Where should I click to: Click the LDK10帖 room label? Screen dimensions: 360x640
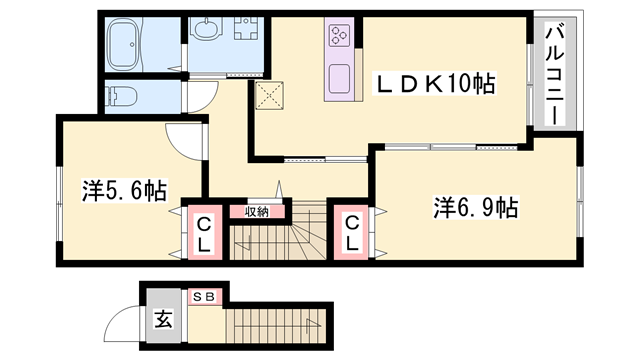(435, 86)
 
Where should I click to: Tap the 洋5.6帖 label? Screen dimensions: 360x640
(124, 190)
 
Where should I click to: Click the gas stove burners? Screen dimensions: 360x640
(338, 38)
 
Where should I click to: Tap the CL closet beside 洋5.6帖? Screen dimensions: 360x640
(203, 234)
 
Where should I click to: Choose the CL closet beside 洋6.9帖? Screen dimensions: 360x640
(352, 234)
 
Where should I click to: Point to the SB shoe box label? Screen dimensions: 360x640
(203, 297)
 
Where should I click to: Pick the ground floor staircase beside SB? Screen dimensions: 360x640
(270, 328)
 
